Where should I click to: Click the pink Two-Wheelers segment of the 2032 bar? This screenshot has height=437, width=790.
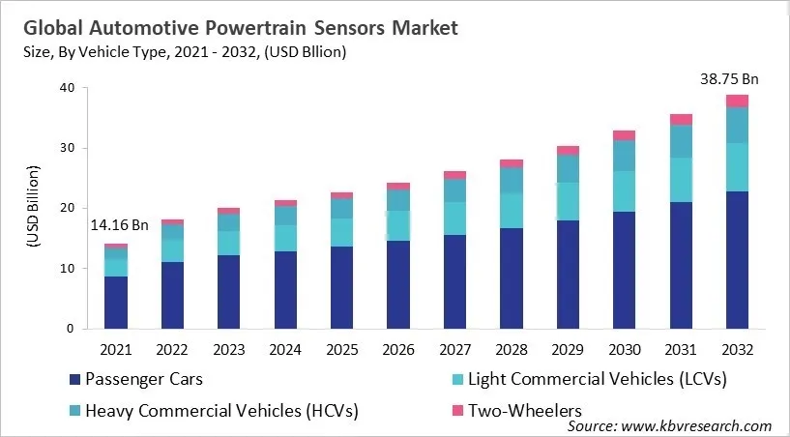(737, 101)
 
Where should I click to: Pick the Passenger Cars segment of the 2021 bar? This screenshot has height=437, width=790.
(116, 302)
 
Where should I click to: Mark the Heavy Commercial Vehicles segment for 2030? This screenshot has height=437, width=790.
(625, 156)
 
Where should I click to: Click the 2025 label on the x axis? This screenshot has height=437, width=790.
(342, 348)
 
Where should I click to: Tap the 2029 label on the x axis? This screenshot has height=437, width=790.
(568, 348)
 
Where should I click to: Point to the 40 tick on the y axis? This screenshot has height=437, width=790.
(66, 88)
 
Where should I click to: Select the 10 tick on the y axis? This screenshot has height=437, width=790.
(66, 268)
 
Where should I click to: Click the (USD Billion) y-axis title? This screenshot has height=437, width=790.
(32, 208)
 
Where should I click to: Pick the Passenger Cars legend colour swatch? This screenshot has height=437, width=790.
(73, 377)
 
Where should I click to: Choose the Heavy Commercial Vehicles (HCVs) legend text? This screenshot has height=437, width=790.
(221, 410)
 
